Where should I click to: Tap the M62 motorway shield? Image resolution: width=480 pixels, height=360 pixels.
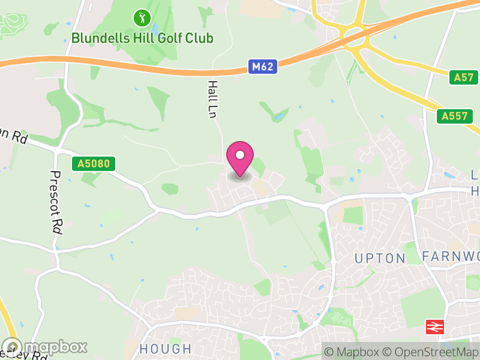point(263,67)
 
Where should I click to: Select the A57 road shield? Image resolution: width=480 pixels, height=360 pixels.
point(464,77)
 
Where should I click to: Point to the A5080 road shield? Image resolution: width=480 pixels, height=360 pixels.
point(93,164)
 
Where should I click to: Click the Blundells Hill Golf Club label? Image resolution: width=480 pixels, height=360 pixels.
point(142,38)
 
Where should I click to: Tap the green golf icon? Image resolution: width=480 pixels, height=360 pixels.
point(142,17)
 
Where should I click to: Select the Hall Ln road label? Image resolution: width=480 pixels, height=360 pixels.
point(212,99)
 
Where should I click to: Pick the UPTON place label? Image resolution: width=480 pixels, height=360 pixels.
point(380,258)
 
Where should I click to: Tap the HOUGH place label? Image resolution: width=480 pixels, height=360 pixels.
point(165,349)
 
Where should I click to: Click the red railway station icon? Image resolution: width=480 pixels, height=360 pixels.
point(433,327)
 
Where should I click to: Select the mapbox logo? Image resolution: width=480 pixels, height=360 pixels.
point(44,347)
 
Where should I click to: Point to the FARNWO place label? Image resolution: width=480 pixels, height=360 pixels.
point(450,257)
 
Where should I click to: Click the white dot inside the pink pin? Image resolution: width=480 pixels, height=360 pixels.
point(240,155)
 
